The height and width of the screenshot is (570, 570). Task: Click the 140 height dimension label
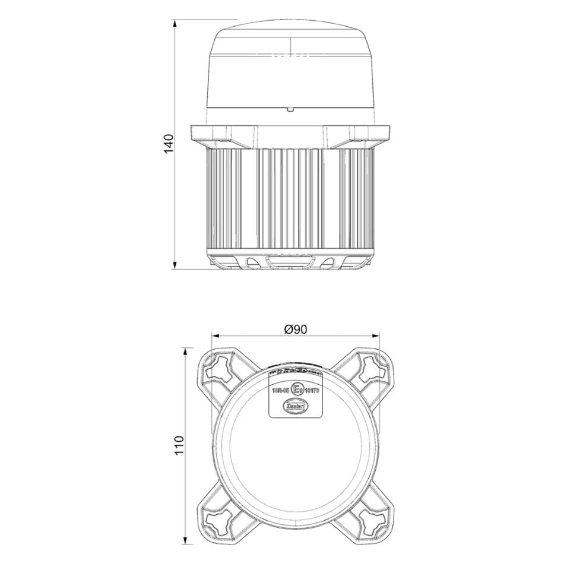169,144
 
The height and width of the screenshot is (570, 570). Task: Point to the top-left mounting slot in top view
220,369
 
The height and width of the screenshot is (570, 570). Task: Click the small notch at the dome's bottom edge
290,109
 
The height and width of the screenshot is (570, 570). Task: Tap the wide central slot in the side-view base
290,261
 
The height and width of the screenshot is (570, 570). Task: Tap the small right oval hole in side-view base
328,261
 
